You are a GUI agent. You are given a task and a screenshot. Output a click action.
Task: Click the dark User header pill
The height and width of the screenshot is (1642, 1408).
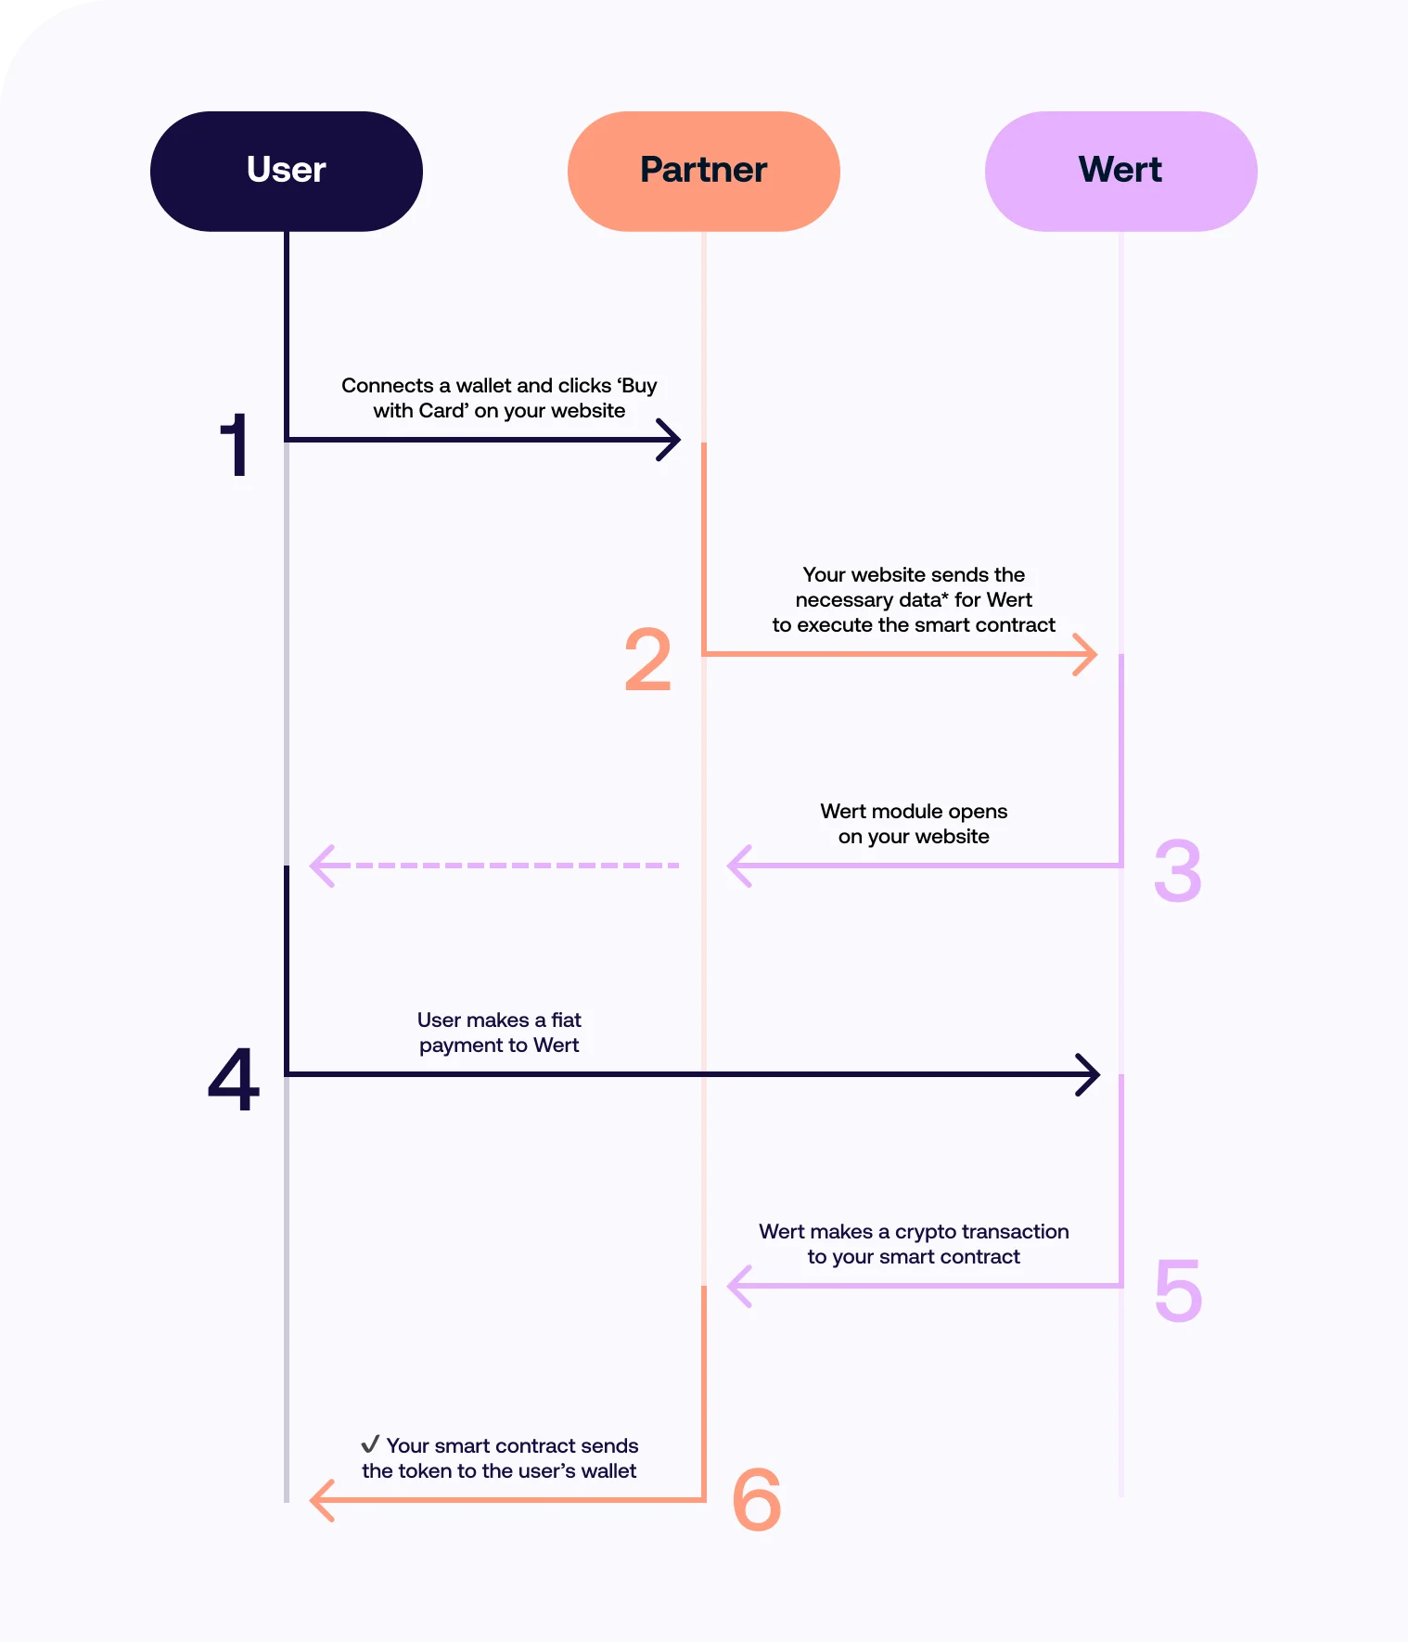coord(286,171)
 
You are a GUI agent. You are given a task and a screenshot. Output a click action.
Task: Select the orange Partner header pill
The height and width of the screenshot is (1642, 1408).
coord(703,171)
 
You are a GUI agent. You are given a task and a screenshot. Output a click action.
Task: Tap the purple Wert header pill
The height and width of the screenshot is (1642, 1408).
coord(1120,171)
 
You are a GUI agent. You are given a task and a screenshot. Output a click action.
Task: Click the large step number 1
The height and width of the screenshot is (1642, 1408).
coord(236,446)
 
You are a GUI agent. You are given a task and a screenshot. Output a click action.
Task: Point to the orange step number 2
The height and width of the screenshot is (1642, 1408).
coord(647,660)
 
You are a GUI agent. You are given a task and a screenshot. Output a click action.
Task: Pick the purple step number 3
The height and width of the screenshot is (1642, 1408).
coord(1177,871)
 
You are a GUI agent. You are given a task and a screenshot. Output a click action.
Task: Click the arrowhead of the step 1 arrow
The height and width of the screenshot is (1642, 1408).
coord(670,440)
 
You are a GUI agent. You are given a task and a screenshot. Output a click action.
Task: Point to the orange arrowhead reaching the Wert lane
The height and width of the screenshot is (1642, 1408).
coord(1085,654)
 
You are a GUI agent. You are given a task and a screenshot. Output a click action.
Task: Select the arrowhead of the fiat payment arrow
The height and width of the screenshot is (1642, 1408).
coord(1088,1074)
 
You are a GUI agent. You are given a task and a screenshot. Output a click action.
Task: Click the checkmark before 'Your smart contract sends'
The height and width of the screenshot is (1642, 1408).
coord(370,1444)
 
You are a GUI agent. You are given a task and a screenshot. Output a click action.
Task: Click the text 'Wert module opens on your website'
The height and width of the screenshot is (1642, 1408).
coord(914,824)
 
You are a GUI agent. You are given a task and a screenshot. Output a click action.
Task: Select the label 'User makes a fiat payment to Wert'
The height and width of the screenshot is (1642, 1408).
coord(499,1033)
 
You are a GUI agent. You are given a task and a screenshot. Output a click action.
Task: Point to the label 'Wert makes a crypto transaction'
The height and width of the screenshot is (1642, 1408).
coord(914,1232)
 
